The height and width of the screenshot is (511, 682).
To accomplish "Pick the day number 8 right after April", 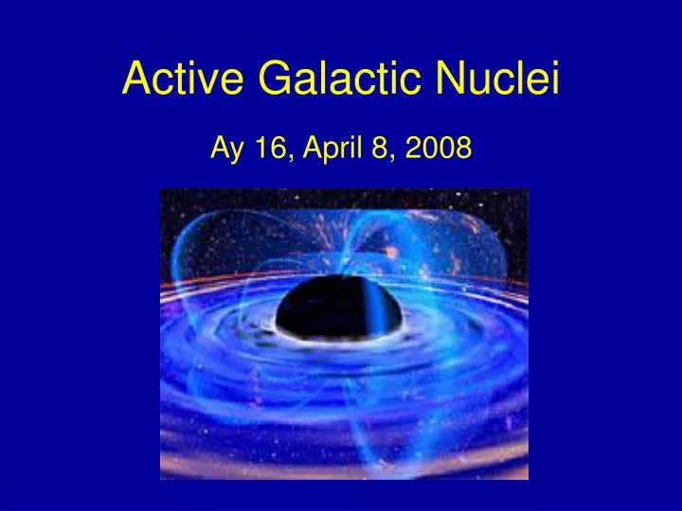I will (380, 148).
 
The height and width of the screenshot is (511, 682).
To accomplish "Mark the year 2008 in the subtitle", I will (440, 148).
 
